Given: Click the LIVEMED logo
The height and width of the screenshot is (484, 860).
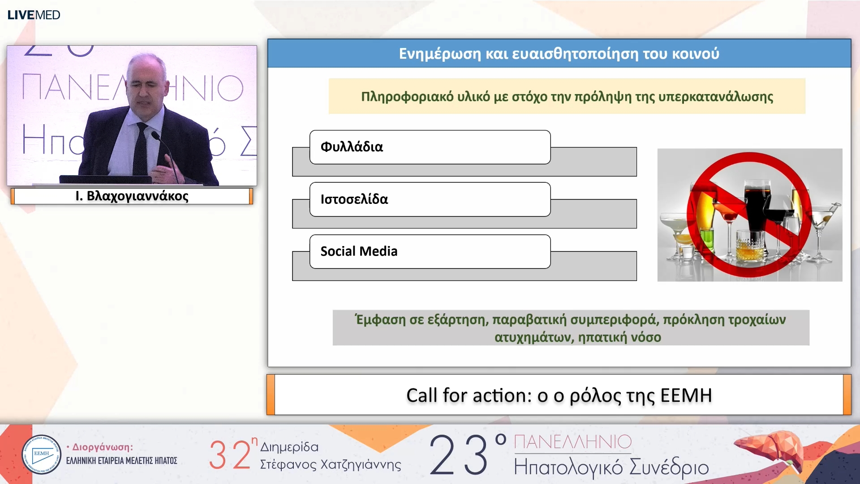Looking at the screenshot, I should [34, 15].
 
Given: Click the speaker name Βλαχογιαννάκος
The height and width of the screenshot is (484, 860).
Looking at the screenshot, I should [138, 196].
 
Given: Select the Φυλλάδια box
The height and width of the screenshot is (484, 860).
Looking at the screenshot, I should [430, 147].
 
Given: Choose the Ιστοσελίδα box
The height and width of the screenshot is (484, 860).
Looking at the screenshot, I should [430, 199].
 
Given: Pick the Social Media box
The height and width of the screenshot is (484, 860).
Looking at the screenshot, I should [430, 251].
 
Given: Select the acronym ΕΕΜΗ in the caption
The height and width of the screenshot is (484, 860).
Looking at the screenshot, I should [686, 395].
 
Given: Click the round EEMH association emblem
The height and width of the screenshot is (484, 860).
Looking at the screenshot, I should [41, 454].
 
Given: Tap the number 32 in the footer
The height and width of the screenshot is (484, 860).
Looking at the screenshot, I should [230, 454].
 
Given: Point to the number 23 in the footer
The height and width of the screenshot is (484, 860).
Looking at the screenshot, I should [459, 454].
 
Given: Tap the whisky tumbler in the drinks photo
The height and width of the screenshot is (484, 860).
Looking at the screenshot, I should [749, 245].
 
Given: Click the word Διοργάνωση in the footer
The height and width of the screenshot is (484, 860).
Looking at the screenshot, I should [103, 447].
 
